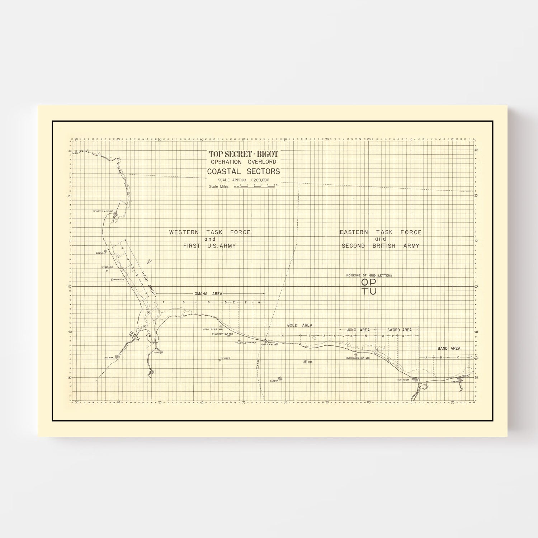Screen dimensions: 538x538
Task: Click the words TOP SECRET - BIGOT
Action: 244,154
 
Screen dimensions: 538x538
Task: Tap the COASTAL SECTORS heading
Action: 244,171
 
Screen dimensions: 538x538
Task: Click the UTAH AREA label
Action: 148,283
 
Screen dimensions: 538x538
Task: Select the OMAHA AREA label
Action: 208,294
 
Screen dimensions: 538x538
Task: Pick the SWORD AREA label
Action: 399,330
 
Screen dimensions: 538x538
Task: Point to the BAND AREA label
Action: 449,348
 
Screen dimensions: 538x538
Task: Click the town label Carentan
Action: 109,358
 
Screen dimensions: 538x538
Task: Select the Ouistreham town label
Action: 403,380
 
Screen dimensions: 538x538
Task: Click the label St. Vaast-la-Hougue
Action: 103,211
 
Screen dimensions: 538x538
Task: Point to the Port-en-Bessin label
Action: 269,345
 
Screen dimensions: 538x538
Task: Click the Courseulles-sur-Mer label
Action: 357,358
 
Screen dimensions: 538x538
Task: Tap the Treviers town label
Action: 225,358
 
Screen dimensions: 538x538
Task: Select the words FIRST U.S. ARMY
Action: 209,246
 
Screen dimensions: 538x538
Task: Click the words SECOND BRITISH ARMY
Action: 380,246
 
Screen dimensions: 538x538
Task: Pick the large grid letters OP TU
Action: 369,287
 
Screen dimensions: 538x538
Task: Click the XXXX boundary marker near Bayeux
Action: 257,365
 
